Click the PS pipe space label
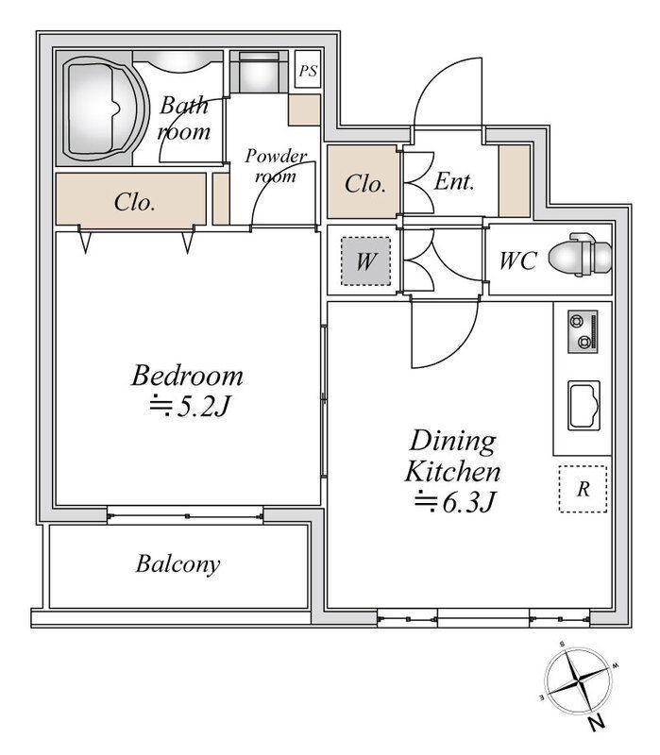[x=308, y=71]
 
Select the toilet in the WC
[x=581, y=255]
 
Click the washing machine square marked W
[x=366, y=261]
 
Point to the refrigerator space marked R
[x=583, y=489]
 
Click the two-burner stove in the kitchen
[x=583, y=332]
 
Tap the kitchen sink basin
[x=584, y=405]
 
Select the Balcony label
[x=178, y=564]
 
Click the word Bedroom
[x=187, y=376]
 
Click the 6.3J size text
[x=455, y=503]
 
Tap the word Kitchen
[x=453, y=472]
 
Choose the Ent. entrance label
[x=454, y=181]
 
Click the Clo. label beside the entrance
[x=365, y=184]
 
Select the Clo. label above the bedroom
[x=134, y=202]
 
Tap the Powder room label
[x=276, y=166]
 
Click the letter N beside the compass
[x=597, y=722]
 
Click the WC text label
[x=517, y=260]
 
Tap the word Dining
[x=453, y=441]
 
